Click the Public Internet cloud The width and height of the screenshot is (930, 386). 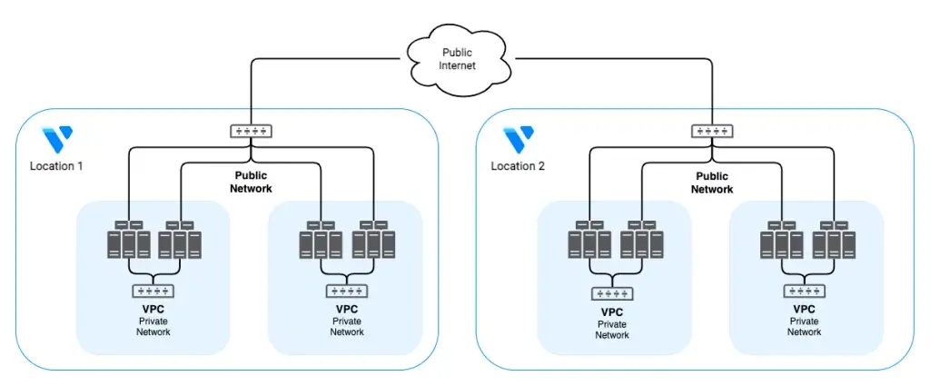click(457, 59)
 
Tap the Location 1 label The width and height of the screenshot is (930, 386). click(55, 166)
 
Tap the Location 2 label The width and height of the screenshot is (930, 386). click(517, 166)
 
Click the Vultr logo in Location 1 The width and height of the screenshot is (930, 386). click(57, 140)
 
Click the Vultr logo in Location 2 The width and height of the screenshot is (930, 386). click(519, 140)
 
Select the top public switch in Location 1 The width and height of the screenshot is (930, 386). click(250, 131)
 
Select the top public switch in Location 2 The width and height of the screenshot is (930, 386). click(711, 131)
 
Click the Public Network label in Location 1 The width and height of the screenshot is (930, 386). click(252, 183)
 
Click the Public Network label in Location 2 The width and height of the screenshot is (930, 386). click(712, 183)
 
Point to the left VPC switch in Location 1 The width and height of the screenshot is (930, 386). click(153, 292)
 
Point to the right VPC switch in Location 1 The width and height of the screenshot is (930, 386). click(347, 292)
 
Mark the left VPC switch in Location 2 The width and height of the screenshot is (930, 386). click(612, 292)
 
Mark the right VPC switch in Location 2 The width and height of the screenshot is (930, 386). click(805, 292)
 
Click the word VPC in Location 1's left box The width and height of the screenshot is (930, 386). click(153, 309)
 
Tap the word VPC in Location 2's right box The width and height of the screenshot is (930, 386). click(805, 309)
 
